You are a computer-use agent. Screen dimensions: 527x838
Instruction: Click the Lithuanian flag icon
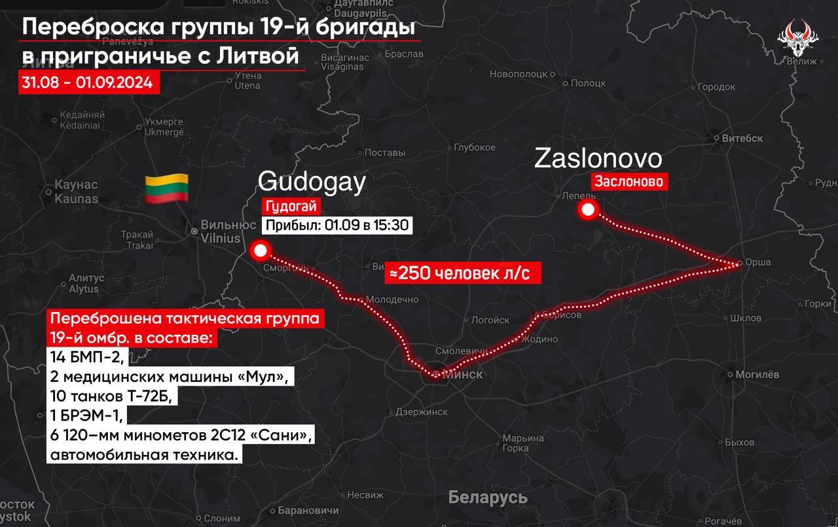166,188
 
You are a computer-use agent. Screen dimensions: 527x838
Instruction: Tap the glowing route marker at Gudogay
261,250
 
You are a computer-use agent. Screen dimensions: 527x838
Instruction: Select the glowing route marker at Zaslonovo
588,210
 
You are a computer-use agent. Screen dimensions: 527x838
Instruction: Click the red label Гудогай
291,207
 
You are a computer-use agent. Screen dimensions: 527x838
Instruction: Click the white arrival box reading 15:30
337,226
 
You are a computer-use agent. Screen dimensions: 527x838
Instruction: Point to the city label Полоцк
588,84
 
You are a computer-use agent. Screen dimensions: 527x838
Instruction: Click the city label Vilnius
221,239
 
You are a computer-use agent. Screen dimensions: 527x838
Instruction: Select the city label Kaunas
76,199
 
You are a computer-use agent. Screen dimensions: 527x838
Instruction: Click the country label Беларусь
488,497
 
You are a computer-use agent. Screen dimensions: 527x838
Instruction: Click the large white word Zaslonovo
598,159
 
